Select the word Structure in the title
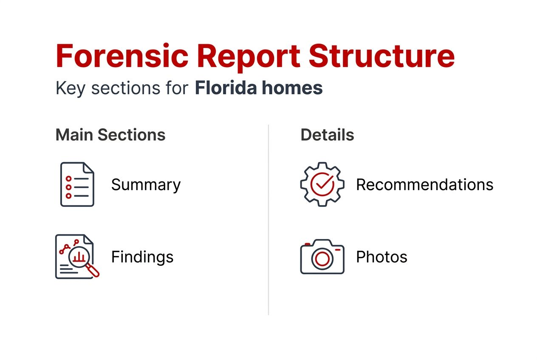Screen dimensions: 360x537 tap(382, 56)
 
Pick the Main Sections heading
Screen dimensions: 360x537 tap(110, 135)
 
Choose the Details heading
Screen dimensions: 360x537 tap(327, 135)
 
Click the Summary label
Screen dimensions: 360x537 tap(146, 185)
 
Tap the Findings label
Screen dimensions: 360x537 tap(142, 257)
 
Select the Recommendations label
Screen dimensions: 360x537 tap(424, 185)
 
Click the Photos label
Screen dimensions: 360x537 tap(382, 257)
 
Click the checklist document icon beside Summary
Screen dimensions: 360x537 tap(77, 184)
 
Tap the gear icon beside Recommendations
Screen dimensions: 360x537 tap(322, 184)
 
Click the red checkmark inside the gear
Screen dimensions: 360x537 tap(322, 184)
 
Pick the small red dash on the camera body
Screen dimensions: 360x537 tap(338, 250)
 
